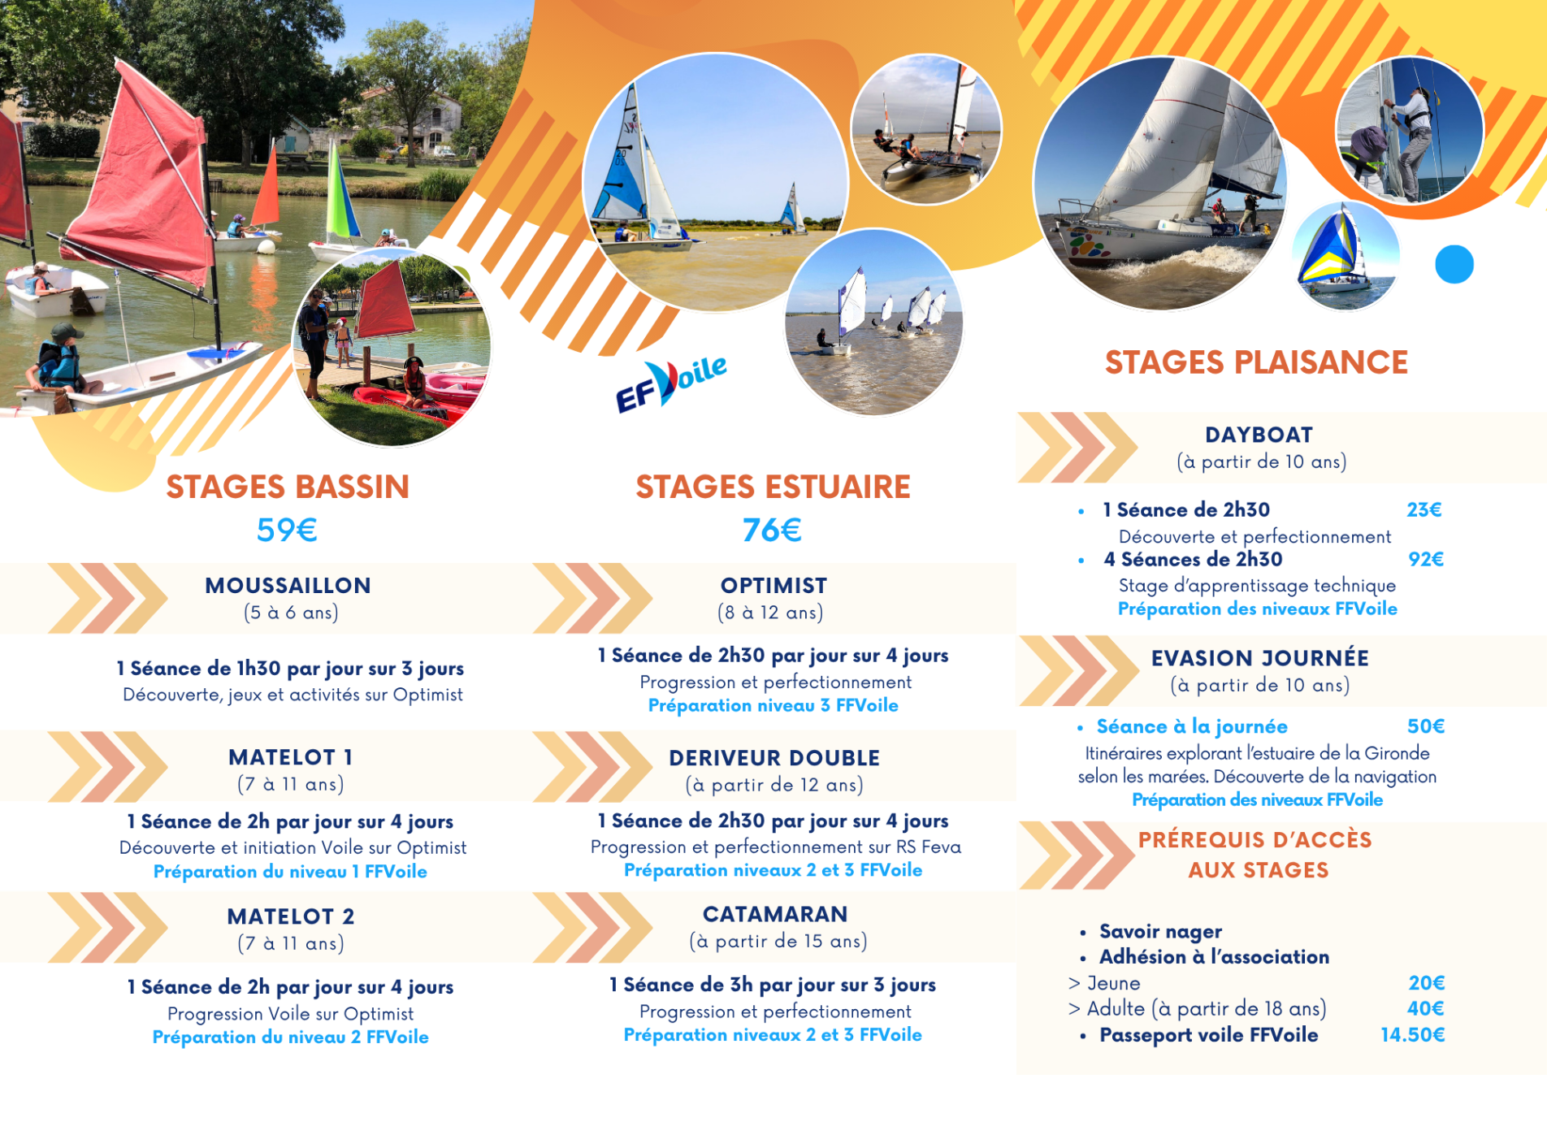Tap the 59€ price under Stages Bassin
(287, 530)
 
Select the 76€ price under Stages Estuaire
(772, 530)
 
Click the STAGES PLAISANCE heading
(1256, 362)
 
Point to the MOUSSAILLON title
(288, 585)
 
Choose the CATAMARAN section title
(775, 914)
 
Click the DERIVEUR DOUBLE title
(774, 758)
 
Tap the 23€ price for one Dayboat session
(1424, 509)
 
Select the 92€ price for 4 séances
(1426, 559)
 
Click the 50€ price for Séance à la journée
(1426, 726)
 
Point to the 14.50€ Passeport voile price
(1413, 1034)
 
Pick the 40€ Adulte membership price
(1426, 1008)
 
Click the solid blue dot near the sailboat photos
(1454, 264)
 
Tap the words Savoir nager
(1160, 931)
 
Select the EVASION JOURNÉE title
(1260, 658)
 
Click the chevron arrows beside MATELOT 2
(107, 927)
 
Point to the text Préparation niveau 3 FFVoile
(773, 705)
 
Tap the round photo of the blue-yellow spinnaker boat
(1345, 256)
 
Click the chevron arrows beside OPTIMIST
(592, 598)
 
